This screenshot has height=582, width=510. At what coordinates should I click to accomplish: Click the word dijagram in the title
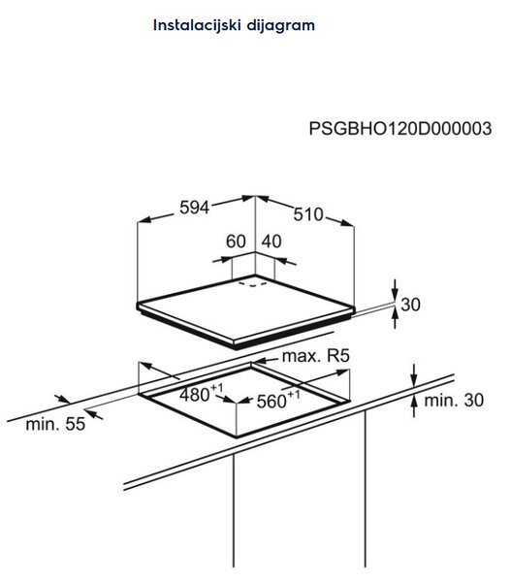pyautogui.click(x=281, y=25)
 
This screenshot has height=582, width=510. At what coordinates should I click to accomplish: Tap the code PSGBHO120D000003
pyautogui.click(x=400, y=129)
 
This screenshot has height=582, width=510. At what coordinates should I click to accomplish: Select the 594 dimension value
pyautogui.click(x=194, y=208)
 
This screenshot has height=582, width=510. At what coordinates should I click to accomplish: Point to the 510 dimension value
pyautogui.click(x=308, y=214)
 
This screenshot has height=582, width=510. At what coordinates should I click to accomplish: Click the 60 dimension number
pyautogui.click(x=236, y=242)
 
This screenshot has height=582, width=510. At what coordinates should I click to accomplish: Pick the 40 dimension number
pyautogui.click(x=271, y=242)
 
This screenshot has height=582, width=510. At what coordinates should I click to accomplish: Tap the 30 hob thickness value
pyautogui.click(x=410, y=305)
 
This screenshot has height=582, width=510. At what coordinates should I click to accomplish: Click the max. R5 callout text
pyautogui.click(x=316, y=356)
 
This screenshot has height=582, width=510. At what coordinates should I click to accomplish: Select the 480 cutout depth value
pyautogui.click(x=194, y=395)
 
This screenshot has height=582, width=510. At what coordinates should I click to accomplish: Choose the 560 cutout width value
pyautogui.click(x=271, y=402)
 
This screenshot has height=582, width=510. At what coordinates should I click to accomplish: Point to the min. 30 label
pyautogui.click(x=454, y=400)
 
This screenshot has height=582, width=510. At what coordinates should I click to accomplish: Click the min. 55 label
pyautogui.click(x=55, y=424)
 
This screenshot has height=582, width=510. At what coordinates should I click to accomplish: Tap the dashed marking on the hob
pyautogui.click(x=253, y=284)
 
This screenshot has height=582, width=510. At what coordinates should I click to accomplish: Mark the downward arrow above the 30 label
pyautogui.click(x=395, y=290)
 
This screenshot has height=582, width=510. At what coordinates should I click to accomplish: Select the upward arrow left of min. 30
pyautogui.click(x=414, y=406)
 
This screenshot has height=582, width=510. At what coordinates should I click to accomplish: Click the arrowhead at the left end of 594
pyautogui.click(x=144, y=220)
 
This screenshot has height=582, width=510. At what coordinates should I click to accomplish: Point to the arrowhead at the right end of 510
pyautogui.click(x=347, y=223)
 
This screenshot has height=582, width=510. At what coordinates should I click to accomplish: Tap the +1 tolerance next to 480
pyautogui.click(x=217, y=388)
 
